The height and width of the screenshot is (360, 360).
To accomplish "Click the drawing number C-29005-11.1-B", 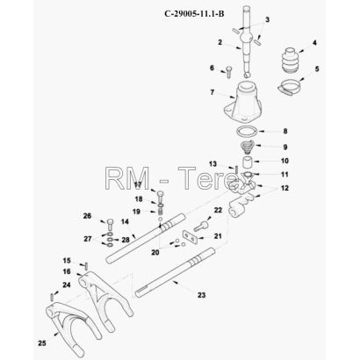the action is (194, 13).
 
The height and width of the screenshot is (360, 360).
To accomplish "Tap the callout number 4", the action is (314, 43).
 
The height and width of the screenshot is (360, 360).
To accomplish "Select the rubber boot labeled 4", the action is (290, 60).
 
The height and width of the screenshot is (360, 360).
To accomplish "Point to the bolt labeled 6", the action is (229, 72).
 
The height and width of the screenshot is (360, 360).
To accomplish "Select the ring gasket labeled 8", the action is (248, 131).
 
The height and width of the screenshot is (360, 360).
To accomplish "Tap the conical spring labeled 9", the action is (248, 148).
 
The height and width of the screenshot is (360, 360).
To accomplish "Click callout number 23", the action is (201, 295).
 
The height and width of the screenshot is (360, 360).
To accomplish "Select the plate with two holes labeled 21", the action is (190, 236).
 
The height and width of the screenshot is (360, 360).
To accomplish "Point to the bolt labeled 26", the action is (110, 225).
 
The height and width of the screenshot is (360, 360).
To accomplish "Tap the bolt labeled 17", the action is (161, 197).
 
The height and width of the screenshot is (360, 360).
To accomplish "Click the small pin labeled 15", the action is (86, 266).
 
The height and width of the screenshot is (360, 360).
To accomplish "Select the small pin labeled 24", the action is (52, 297).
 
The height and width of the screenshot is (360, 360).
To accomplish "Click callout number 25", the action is (42, 342).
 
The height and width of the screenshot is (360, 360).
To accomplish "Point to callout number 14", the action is (125, 222).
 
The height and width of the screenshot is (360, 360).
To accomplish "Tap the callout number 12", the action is (284, 188).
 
